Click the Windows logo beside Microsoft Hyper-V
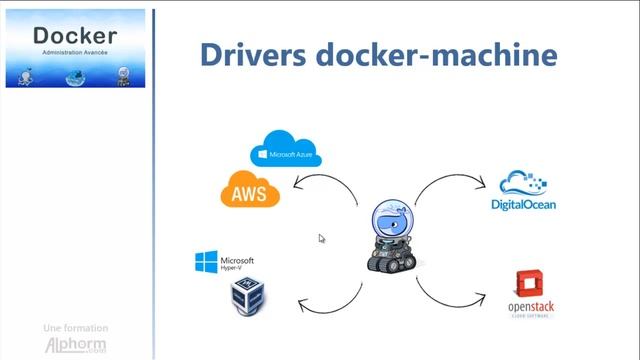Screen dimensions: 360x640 (x=206, y=263)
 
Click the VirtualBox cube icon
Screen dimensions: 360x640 (x=248, y=296)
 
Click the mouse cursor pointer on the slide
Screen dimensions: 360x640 (x=321, y=238)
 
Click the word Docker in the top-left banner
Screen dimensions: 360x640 (x=75, y=36)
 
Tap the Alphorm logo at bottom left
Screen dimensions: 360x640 (x=75, y=345)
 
